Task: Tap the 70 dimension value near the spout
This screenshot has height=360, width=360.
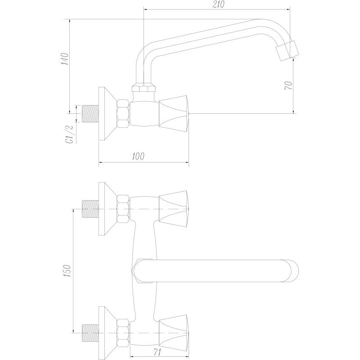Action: [289, 85]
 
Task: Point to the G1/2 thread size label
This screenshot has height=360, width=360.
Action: [70, 133]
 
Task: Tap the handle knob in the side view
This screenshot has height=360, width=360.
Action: [175, 114]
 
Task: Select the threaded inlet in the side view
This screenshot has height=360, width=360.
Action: [91, 114]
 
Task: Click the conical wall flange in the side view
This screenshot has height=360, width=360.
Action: [107, 114]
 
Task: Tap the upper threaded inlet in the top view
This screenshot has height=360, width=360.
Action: [91, 209]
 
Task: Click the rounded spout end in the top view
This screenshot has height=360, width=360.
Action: [291, 271]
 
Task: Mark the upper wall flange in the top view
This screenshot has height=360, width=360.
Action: [107, 209]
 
